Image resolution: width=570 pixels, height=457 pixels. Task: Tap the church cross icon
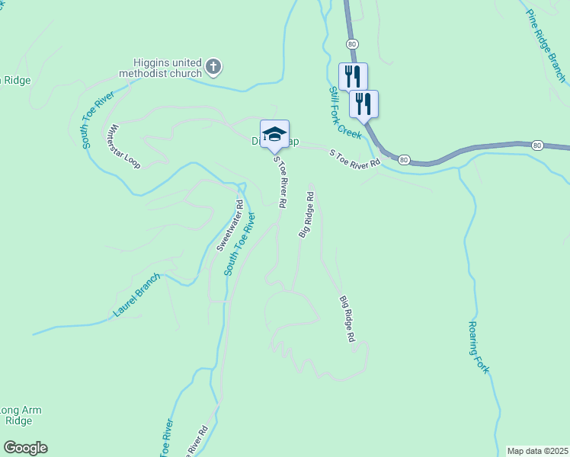click(x=213, y=67)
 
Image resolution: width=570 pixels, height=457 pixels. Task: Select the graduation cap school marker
click(x=274, y=135)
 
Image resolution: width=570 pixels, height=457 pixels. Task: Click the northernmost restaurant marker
click(x=353, y=76)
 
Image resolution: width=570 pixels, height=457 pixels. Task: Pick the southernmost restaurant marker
click(x=363, y=104)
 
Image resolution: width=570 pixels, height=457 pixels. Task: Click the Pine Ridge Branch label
click(x=546, y=46)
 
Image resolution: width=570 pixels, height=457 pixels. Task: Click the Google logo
click(x=25, y=448)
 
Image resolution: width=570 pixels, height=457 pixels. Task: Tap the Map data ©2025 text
click(x=536, y=451)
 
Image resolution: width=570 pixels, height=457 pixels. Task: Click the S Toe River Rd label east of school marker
click(x=354, y=159)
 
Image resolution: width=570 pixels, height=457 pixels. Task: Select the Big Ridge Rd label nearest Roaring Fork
click(x=347, y=318)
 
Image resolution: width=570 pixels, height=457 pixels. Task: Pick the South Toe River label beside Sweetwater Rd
click(x=239, y=244)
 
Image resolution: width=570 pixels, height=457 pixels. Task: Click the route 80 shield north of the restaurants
click(x=351, y=45)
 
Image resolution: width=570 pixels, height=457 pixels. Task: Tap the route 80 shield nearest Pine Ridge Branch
click(x=537, y=145)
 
